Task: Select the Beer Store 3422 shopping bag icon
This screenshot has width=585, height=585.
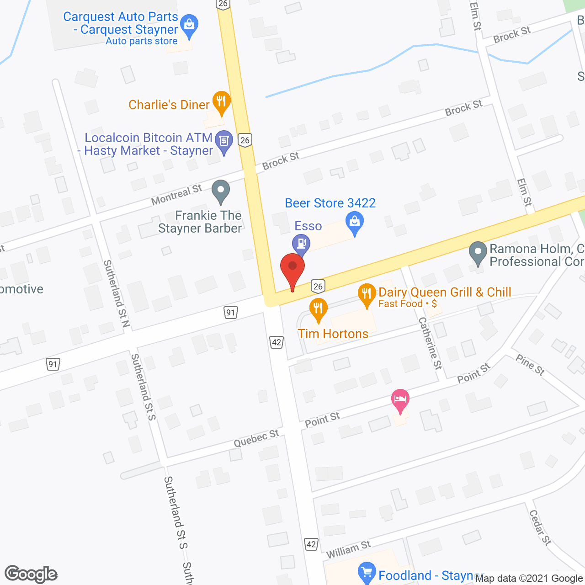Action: pyautogui.click(x=355, y=223)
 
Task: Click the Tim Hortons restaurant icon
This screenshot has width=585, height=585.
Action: pyautogui.click(x=318, y=309)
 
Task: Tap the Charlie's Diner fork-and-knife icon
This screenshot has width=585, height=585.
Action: pyautogui.click(x=221, y=102)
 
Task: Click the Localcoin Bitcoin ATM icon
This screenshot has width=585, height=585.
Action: pyautogui.click(x=224, y=141)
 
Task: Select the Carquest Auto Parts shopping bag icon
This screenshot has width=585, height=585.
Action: pyautogui.click(x=188, y=25)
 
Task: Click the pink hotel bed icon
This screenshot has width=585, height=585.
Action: pyautogui.click(x=400, y=399)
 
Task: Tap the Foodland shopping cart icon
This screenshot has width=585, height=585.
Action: pyautogui.click(x=367, y=573)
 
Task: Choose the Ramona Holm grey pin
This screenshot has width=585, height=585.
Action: pyautogui.click(x=478, y=252)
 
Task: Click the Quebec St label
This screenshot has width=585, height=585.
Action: pyautogui.click(x=256, y=438)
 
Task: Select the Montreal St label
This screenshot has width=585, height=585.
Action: pyautogui.click(x=176, y=195)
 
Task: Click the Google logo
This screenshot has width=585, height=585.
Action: pyautogui.click(x=31, y=574)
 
